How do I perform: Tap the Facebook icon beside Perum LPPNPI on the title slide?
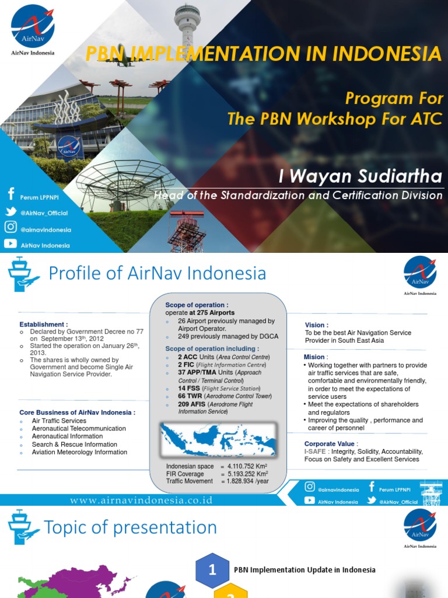10,194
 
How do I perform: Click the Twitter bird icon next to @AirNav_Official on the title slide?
10,211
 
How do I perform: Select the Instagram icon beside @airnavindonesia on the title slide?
10,228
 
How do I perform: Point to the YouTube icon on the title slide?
10,244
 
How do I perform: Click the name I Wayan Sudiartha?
361,176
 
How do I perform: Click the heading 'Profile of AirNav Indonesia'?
157,273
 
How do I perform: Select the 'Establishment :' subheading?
44,324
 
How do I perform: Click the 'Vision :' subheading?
316,325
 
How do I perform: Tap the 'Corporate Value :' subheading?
329,444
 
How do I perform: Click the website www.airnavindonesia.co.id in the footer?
141,500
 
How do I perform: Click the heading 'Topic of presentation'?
131,528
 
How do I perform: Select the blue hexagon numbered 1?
212,569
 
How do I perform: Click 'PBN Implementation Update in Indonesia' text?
304,570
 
